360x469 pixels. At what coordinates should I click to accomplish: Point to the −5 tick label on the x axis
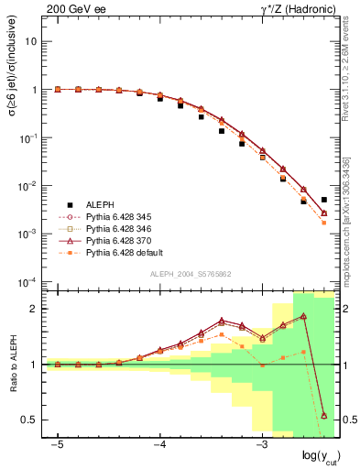click(x=57, y=442)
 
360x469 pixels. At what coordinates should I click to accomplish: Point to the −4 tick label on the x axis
click(x=158, y=442)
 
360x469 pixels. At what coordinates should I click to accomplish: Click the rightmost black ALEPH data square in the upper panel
click(x=324, y=200)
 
